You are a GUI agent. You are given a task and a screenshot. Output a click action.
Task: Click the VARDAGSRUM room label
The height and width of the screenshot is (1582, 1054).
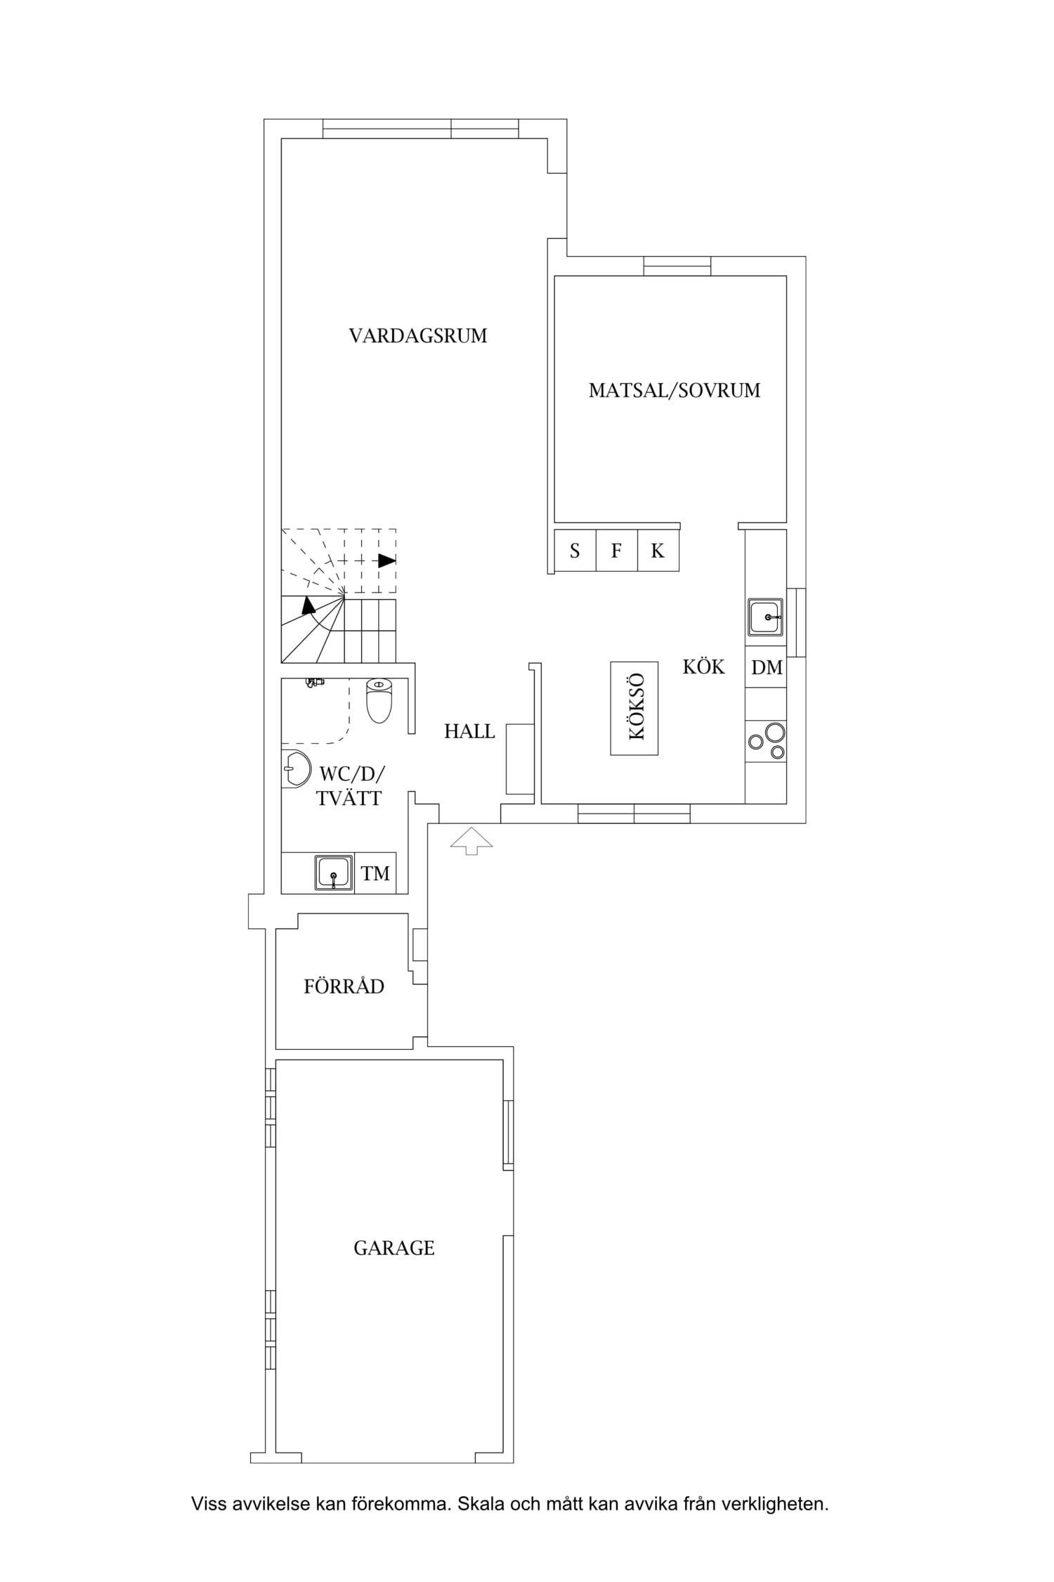pos(418,336)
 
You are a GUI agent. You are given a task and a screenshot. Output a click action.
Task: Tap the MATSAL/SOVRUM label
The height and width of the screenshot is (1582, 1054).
pos(675,390)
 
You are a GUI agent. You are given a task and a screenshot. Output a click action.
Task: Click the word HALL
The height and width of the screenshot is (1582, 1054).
pos(469,732)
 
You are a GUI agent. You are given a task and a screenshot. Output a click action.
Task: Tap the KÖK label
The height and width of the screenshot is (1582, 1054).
pos(703,666)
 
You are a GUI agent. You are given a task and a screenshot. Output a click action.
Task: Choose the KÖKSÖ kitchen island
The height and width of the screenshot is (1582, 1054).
pos(635,708)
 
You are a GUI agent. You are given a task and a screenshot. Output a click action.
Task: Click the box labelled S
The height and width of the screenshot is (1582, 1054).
pos(575,551)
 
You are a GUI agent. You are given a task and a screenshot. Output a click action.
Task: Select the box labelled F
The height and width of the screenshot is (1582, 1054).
pos(617,551)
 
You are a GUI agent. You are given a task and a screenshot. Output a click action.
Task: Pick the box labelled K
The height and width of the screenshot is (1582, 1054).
pos(658,551)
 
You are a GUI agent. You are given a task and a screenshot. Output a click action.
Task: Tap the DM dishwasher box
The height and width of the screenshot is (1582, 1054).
pos(766,667)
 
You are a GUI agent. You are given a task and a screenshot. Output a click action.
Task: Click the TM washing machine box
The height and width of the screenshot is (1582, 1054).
pos(375,873)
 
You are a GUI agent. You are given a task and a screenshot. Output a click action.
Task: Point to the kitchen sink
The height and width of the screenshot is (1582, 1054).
pos(765,617)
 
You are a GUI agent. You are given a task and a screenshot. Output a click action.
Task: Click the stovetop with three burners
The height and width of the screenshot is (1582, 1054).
pos(766,742)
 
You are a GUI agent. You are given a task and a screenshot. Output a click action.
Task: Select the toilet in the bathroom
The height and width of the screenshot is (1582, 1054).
pos(379,700)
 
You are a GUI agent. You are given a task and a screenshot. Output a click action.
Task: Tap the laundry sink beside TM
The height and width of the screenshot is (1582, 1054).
pos(334,873)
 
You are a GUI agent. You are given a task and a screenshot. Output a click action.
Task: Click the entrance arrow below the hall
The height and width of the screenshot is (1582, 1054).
pos(471,841)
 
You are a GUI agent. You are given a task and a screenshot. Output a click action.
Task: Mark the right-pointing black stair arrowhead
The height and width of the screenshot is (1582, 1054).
pos(387,561)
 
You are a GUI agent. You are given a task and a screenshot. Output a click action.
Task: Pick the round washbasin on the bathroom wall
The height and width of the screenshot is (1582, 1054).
pos(296,769)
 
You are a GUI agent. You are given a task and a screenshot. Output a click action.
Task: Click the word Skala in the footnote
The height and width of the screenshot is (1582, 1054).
pos(478,1505)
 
